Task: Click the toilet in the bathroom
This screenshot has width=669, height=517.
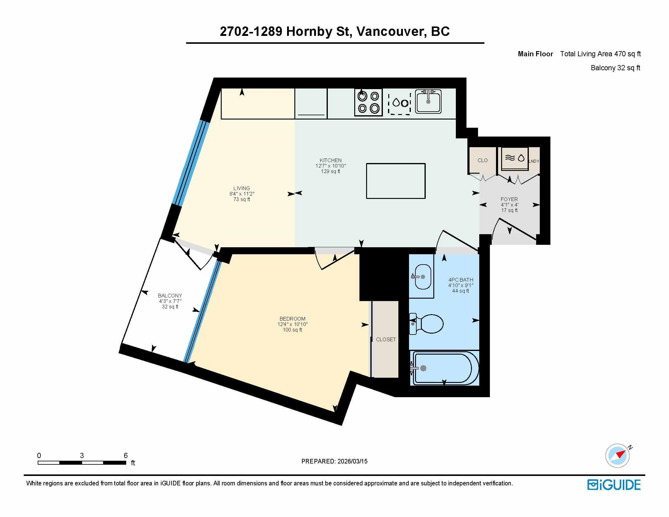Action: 426,324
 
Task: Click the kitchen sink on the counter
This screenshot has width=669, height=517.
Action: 428,101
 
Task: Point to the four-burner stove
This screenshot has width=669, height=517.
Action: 369,102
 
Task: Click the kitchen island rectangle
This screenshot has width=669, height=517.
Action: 396,181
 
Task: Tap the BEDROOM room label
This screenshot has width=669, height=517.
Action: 292,319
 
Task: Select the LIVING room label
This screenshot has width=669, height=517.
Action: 242,188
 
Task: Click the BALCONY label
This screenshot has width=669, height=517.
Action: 170,296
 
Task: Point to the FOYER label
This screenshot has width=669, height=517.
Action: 509,199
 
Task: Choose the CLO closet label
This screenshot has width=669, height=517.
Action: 483,161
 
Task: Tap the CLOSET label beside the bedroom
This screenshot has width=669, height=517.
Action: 386,339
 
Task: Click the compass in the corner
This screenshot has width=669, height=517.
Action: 618,456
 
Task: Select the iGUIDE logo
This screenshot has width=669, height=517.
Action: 614,484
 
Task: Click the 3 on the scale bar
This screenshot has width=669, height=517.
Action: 82,456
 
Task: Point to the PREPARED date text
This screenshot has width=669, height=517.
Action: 334,461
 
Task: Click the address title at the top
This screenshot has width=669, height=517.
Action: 334,32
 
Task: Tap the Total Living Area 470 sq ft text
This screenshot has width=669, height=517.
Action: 600,54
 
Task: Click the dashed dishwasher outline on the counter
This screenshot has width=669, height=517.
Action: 400,103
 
